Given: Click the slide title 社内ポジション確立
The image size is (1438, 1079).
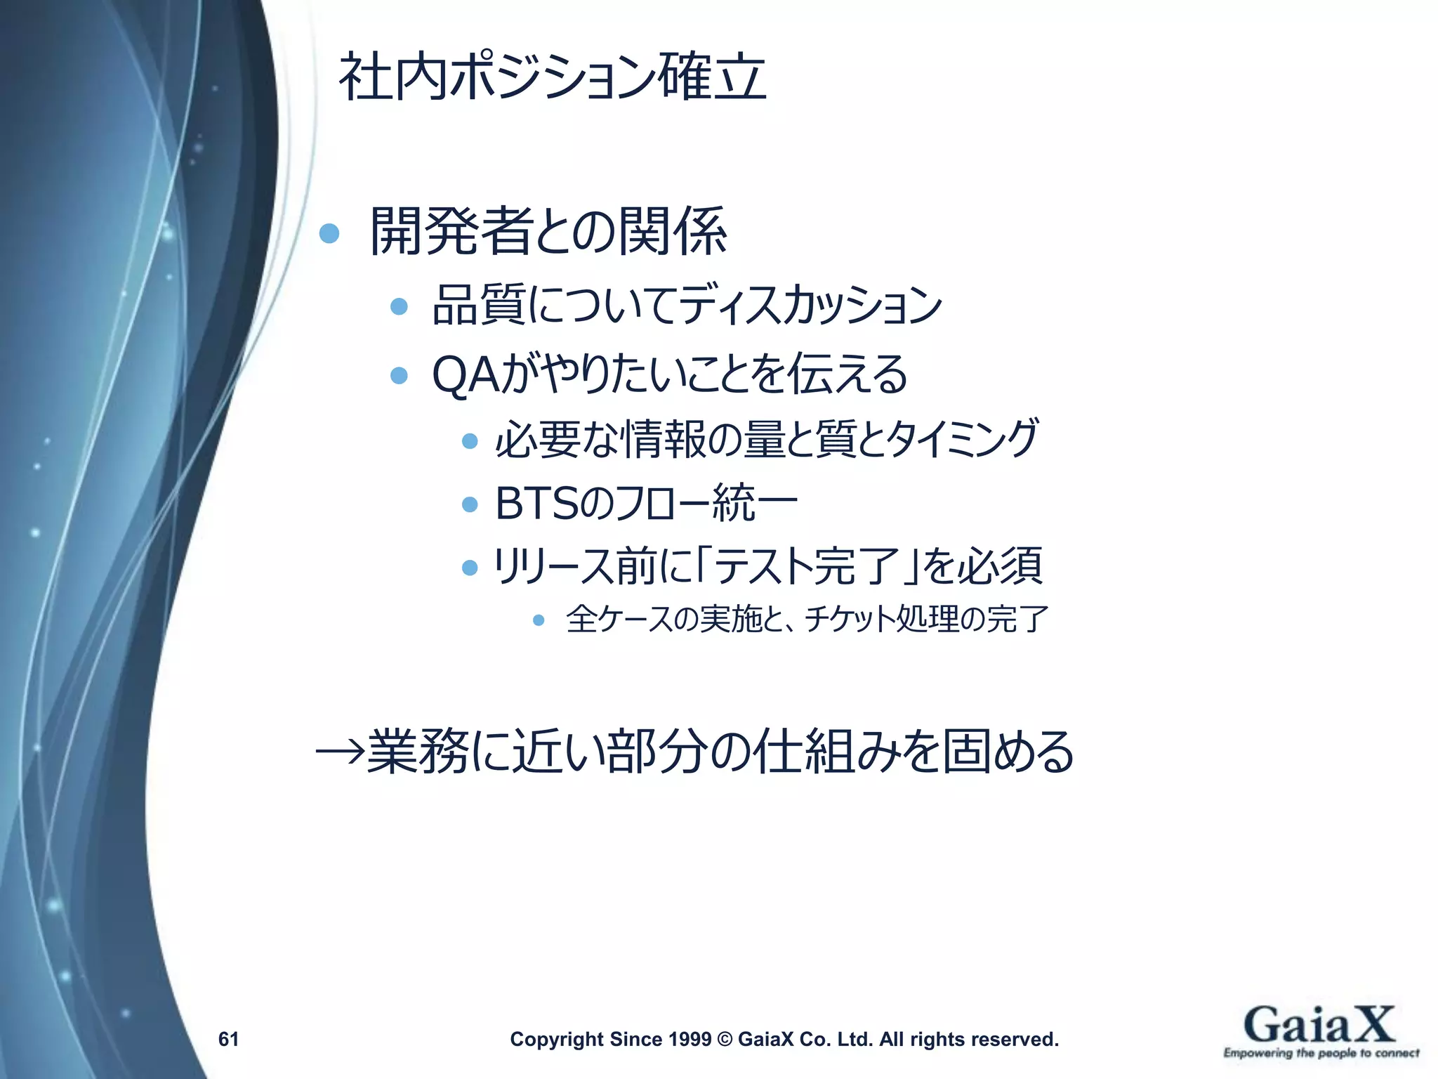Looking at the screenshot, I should click(552, 78).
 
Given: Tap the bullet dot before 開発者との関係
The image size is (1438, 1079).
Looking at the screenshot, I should click(329, 233).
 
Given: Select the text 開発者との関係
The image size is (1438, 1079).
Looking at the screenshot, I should click(548, 232).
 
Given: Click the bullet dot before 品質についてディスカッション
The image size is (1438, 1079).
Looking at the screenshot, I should click(399, 306).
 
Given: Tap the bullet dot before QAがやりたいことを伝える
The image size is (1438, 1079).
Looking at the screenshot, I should click(399, 375).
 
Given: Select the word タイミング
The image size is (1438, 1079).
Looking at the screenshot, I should click(961, 438).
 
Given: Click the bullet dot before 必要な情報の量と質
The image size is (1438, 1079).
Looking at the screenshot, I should click(470, 441).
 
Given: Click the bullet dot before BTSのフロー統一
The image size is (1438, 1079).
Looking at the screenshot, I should click(470, 504).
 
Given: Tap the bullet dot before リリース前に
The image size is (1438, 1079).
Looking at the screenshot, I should click(470, 567).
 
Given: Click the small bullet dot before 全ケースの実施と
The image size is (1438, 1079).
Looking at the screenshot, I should click(539, 620).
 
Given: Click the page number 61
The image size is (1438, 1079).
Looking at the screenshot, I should click(229, 1039).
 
